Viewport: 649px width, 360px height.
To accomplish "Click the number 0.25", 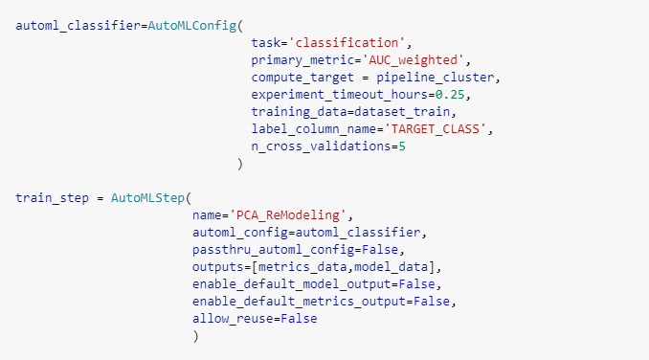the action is point(456,94).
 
